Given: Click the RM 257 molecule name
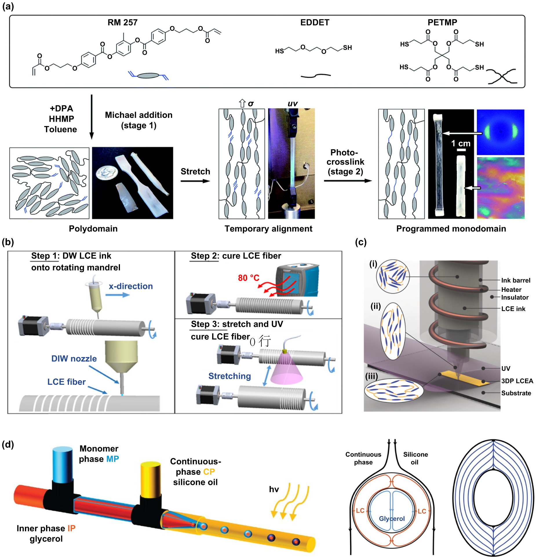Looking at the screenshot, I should click(123, 23).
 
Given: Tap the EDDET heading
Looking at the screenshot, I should click(315, 23).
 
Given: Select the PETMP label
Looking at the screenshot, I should click(442, 23).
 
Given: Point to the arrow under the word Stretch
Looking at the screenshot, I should click(195, 181).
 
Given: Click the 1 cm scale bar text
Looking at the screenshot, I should click(461, 143).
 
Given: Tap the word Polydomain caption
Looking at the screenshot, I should click(93, 229).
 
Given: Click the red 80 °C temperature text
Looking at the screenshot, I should click(249, 278).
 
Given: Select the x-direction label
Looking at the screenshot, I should click(131, 286).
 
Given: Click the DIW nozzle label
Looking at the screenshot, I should click(74, 359).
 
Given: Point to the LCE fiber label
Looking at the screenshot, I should click(66, 382).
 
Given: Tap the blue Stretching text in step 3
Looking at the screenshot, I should click(229, 376).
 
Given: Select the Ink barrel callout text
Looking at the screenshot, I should click(516, 281).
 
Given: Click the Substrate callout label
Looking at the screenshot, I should click(516, 393).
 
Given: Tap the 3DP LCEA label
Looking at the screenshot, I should click(517, 381).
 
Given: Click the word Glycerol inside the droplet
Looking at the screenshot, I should click(392, 519).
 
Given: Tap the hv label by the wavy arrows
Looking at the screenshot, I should click(274, 489).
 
